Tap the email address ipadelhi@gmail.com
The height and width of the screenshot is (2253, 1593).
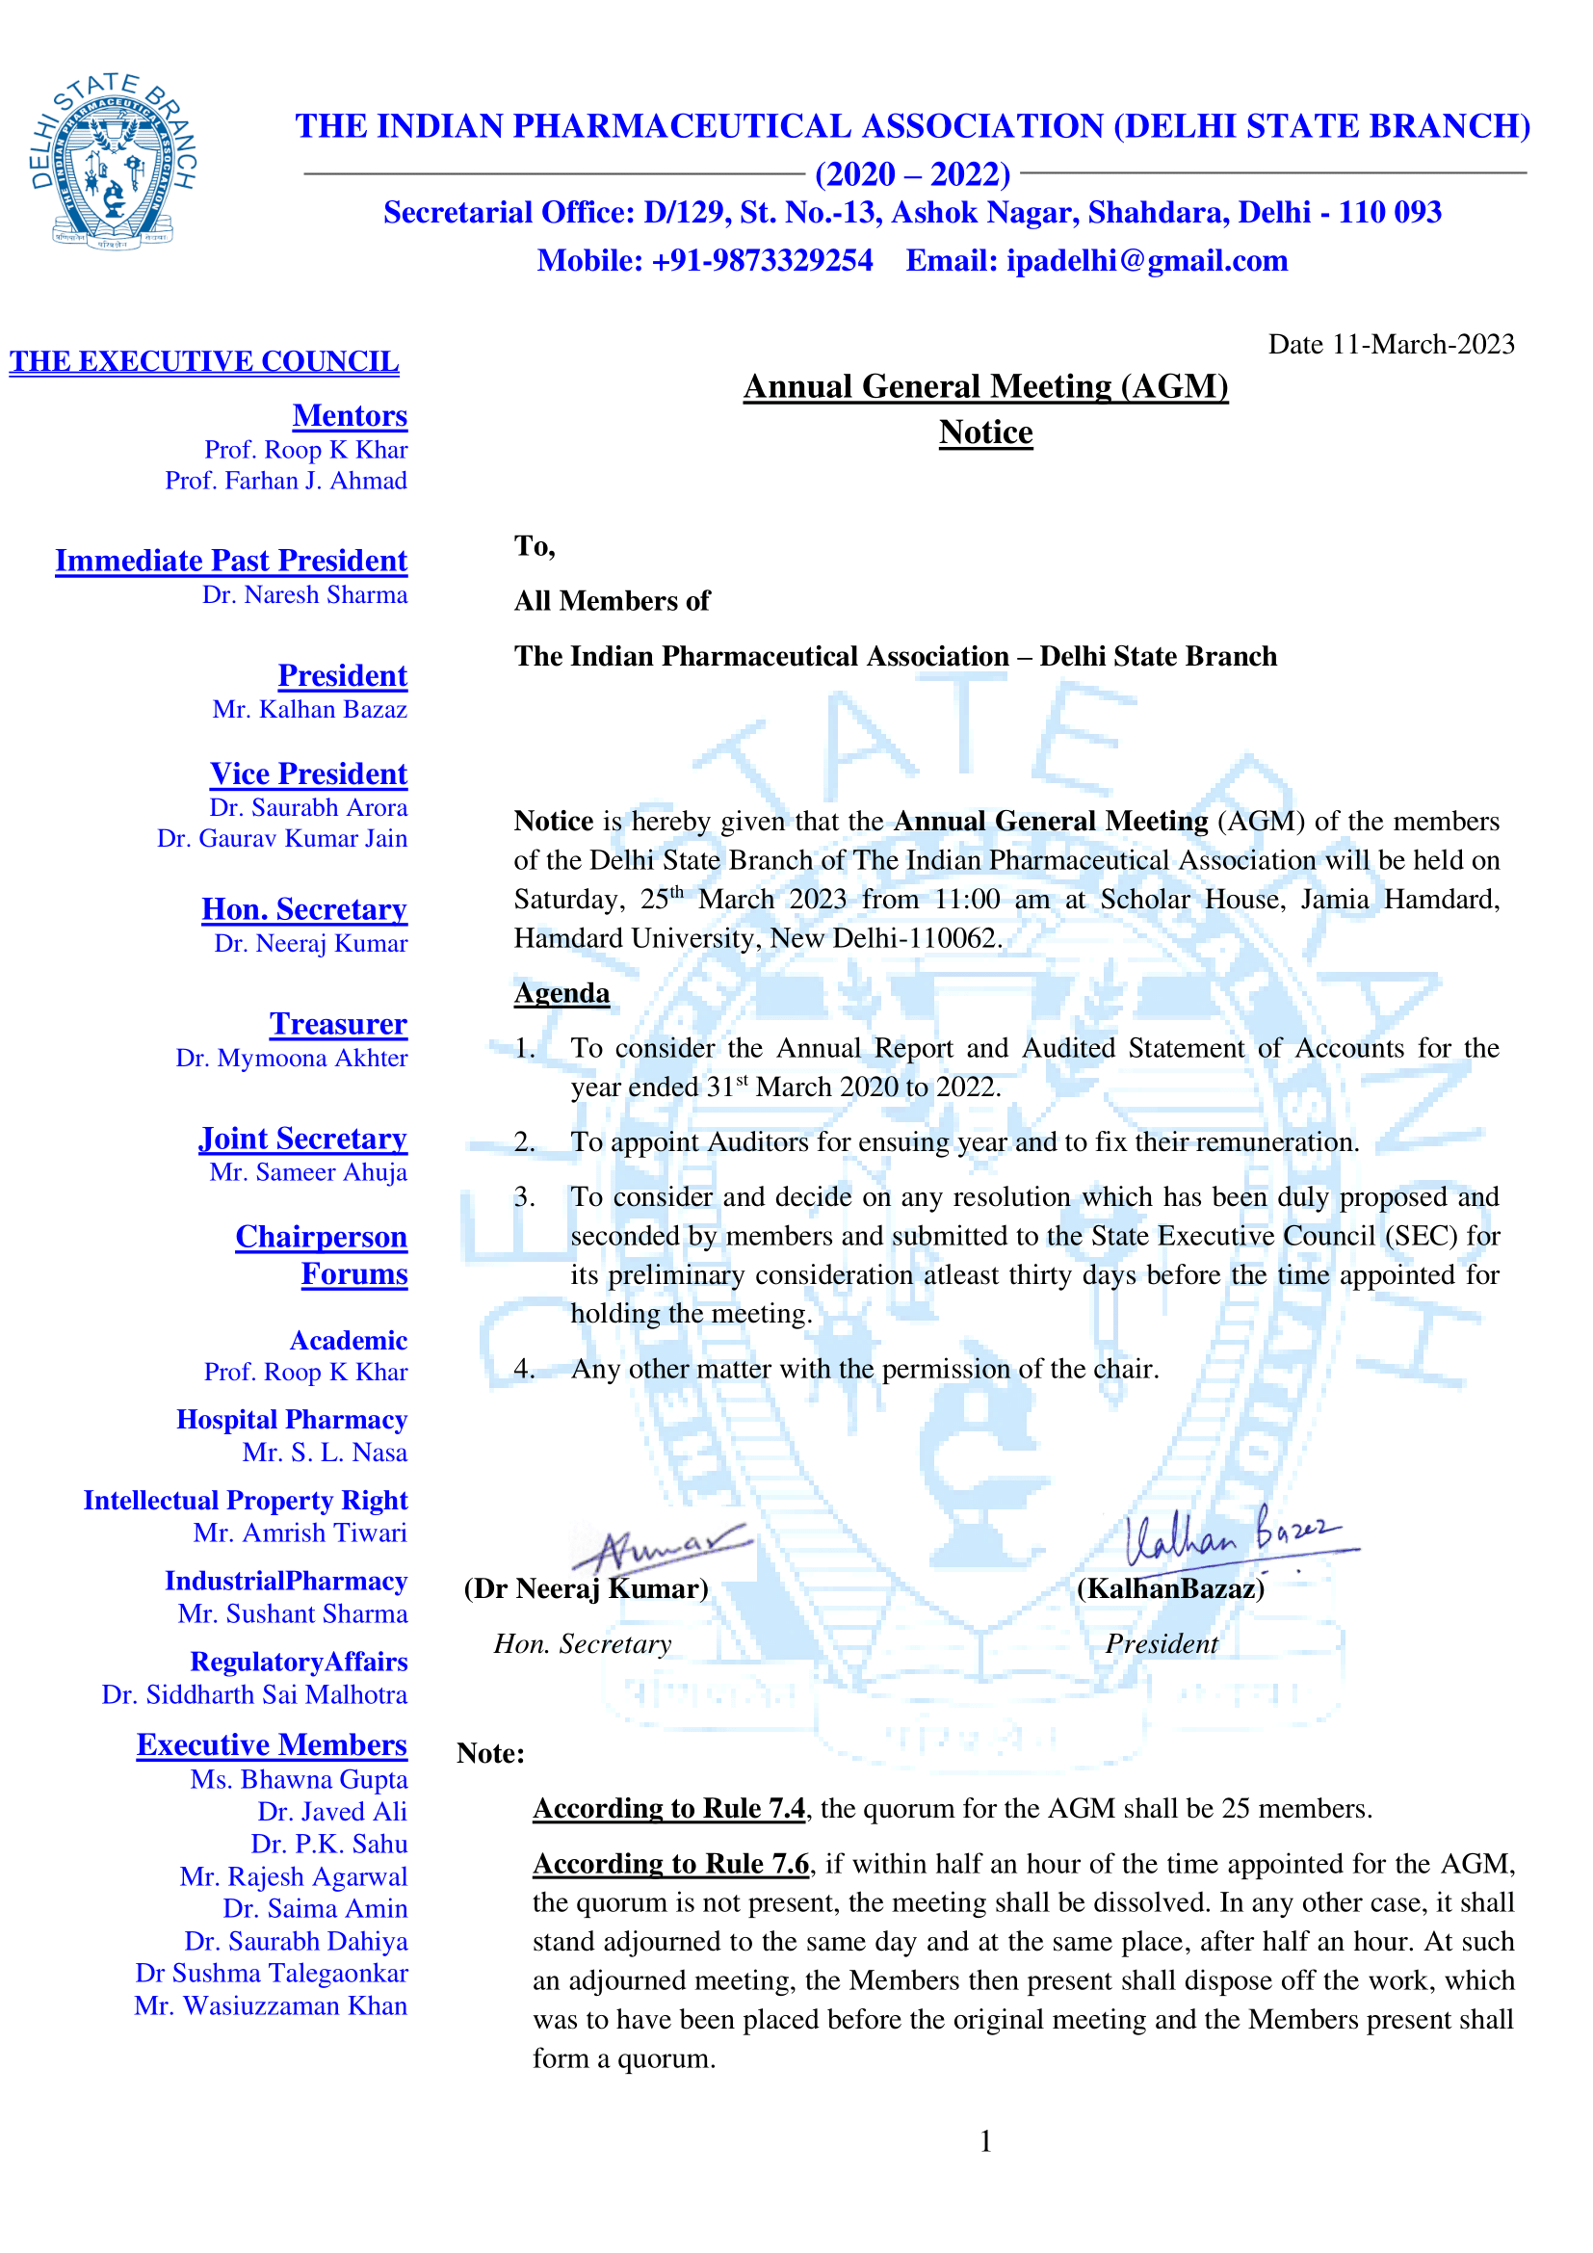[1146, 261]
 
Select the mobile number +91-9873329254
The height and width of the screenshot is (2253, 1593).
[761, 261]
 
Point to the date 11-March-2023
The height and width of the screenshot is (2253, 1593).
[1423, 345]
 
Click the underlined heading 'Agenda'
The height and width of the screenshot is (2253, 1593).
[562, 993]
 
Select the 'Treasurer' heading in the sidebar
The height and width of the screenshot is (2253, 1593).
[337, 1025]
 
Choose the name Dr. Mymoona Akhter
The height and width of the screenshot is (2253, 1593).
[291, 1059]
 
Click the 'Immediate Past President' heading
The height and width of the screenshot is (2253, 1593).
[230, 561]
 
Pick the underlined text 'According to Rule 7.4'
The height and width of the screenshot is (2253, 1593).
[669, 1809]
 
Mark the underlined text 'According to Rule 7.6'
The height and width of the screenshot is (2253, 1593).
[671, 1864]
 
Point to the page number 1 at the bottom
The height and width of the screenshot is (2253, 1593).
[986, 2141]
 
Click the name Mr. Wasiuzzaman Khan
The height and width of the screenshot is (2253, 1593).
[271, 2005]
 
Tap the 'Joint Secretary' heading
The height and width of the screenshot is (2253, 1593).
[302, 1139]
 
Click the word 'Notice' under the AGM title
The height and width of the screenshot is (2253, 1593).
[986, 432]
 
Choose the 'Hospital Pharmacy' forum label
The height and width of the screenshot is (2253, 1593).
[291, 1420]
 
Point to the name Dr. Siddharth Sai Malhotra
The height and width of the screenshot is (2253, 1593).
[254, 1694]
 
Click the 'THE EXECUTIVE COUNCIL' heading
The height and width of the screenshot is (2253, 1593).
[204, 362]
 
